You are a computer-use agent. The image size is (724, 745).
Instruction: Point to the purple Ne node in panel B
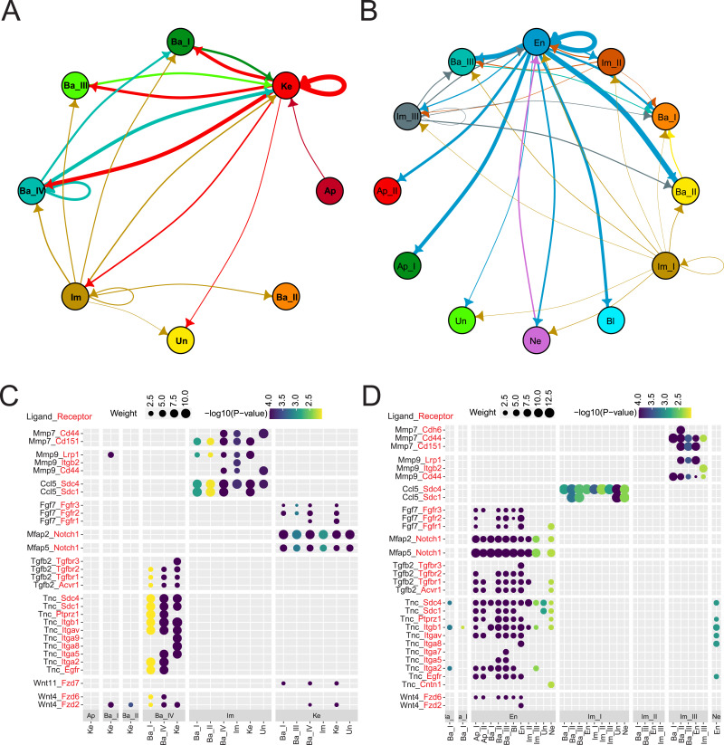pos(538,339)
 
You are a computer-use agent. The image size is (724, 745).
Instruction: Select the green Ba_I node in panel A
pos(181,42)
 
